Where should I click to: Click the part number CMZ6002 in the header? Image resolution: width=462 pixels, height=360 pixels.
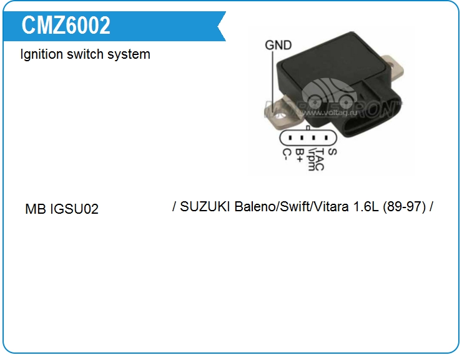click(x=66, y=26)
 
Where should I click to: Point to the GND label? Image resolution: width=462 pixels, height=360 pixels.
click(x=278, y=45)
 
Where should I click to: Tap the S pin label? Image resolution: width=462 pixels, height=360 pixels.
click(x=332, y=151)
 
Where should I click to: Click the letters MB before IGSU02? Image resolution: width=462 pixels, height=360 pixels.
click(x=35, y=209)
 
